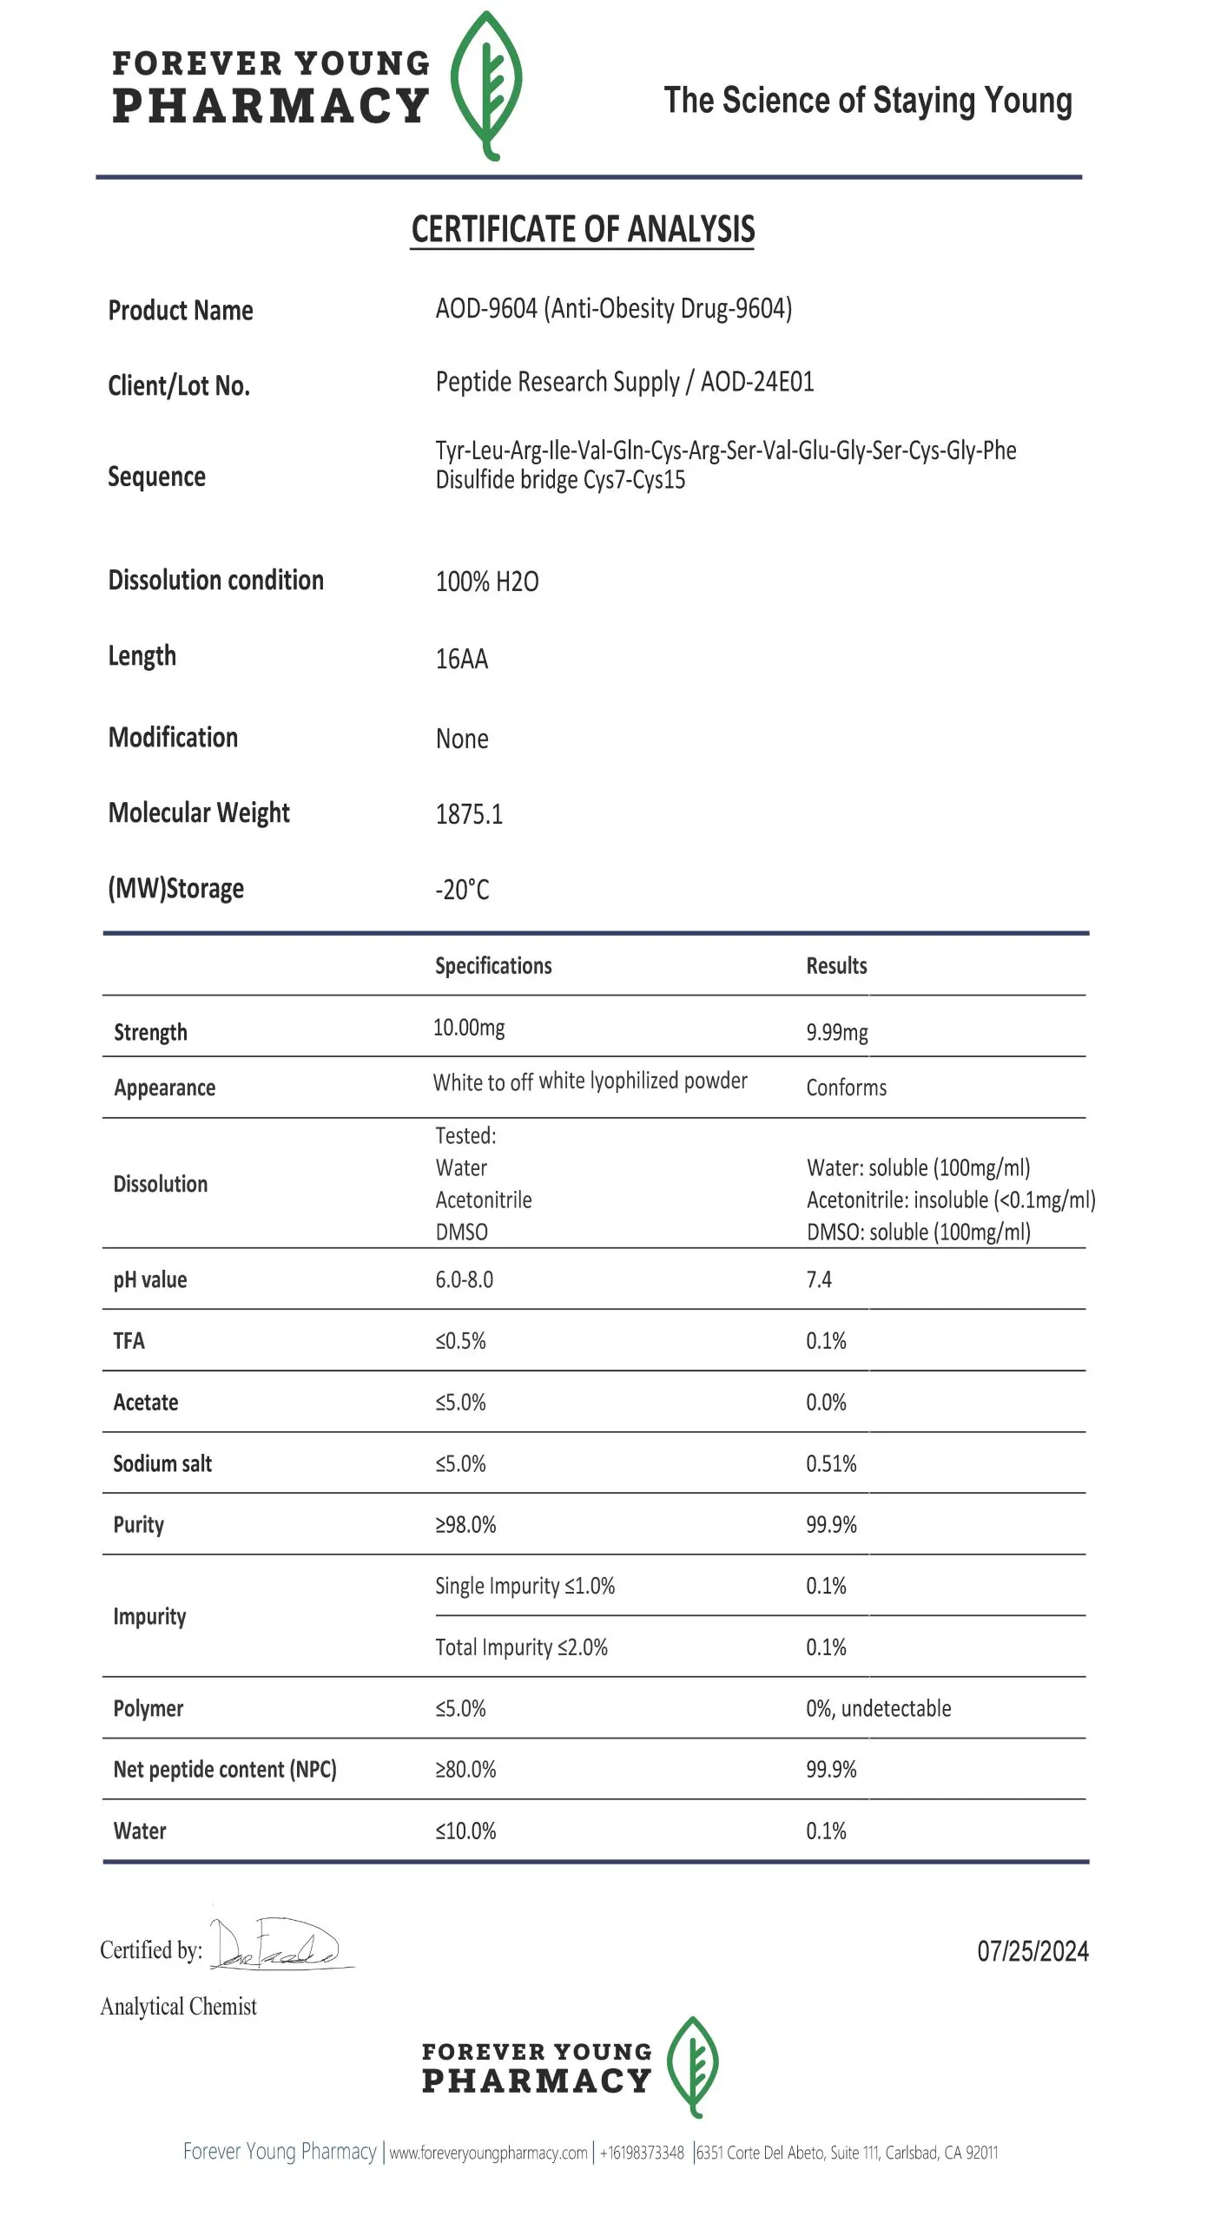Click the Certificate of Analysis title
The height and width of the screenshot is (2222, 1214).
[583, 230]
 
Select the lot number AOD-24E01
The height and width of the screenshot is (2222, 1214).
[757, 382]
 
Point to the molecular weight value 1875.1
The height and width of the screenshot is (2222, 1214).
[469, 814]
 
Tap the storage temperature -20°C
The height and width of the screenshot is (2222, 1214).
[462, 890]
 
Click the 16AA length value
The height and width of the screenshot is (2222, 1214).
[461, 659]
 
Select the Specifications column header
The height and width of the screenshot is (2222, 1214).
[493, 966]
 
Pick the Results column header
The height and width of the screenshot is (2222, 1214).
[836, 966]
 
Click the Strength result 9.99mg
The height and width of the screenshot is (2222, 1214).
[836, 1032]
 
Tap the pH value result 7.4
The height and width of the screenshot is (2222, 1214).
[819, 1279]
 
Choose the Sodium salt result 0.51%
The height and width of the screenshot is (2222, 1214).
[831, 1463]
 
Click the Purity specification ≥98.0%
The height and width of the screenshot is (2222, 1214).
[465, 1524]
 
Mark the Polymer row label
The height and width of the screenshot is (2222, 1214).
[148, 1708]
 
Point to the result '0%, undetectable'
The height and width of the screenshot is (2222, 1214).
[878, 1708]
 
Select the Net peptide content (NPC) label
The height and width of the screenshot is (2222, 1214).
[225, 1769]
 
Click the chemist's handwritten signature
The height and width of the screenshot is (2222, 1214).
[278, 1945]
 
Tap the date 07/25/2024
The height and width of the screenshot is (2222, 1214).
[1033, 1951]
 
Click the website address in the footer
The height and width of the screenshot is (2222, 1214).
[488, 2153]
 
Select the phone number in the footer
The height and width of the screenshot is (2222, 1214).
[642, 2153]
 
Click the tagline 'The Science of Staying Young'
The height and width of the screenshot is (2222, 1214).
[868, 101]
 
